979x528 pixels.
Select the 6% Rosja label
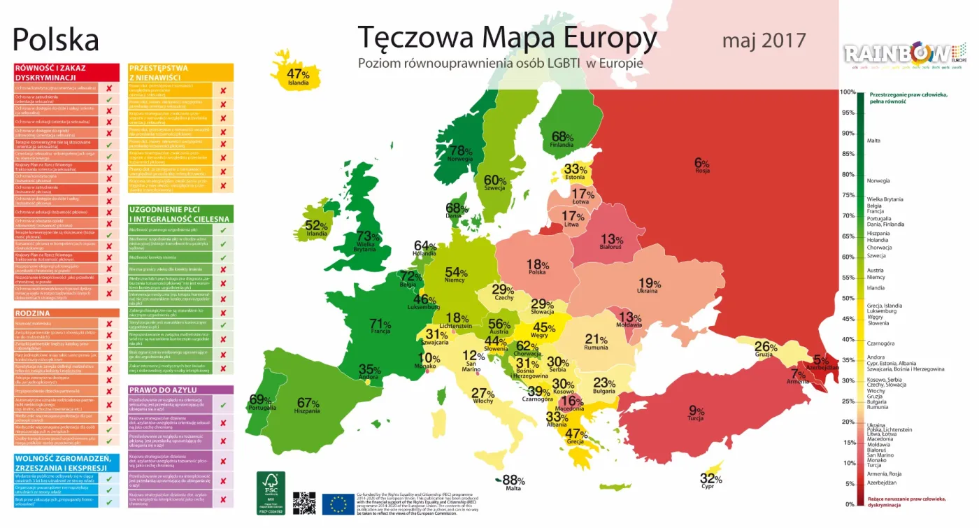(701, 165)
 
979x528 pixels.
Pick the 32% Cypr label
(710, 481)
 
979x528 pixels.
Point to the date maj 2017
(764, 40)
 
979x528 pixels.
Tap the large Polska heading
(56, 40)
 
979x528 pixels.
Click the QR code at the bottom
(304, 503)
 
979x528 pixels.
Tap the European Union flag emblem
(338, 504)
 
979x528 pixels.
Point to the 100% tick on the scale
(848, 92)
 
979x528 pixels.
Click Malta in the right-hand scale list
(874, 141)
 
